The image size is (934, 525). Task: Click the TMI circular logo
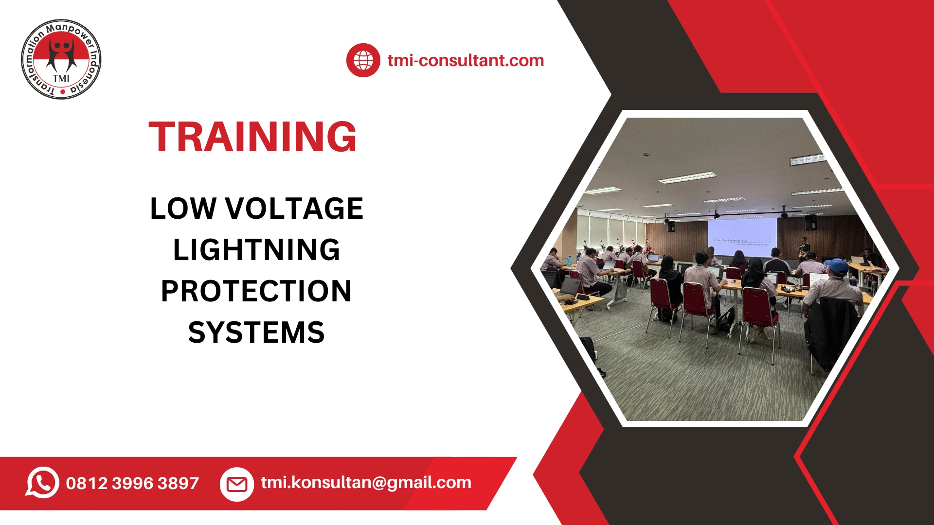point(61,59)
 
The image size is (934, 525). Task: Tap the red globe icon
point(363,60)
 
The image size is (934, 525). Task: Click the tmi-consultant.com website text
point(466,60)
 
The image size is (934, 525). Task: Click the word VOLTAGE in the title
point(294,209)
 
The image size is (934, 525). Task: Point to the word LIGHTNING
point(256,250)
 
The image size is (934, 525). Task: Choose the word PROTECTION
point(256,291)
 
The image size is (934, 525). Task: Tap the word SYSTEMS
point(256,332)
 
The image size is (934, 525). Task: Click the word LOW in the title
point(183,209)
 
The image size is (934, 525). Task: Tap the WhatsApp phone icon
point(42,482)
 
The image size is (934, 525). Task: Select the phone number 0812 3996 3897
point(132,483)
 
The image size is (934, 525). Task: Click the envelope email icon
point(237,484)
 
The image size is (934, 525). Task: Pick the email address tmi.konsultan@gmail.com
point(366,482)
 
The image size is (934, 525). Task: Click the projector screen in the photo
point(742,237)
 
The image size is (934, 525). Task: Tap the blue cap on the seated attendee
point(836,265)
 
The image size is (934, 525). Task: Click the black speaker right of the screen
point(810,223)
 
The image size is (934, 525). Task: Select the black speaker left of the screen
point(671,226)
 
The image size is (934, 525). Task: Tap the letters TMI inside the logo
point(61,78)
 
